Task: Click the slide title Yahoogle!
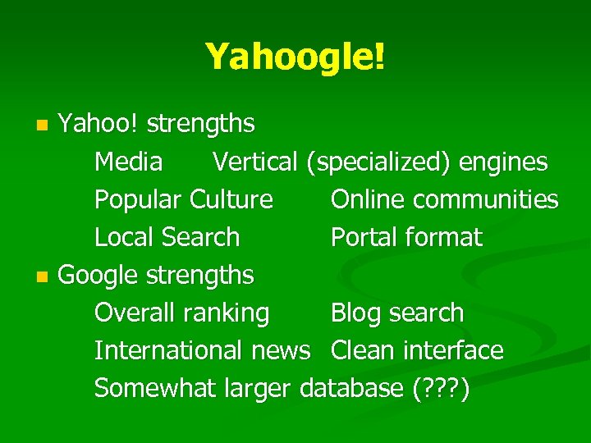(x=295, y=57)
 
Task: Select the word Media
(x=128, y=162)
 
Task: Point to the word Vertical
(x=254, y=162)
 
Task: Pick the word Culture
(x=231, y=199)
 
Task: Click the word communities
(x=486, y=199)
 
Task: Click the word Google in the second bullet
(x=98, y=276)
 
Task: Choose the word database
(x=351, y=388)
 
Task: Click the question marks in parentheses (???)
(x=441, y=389)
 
